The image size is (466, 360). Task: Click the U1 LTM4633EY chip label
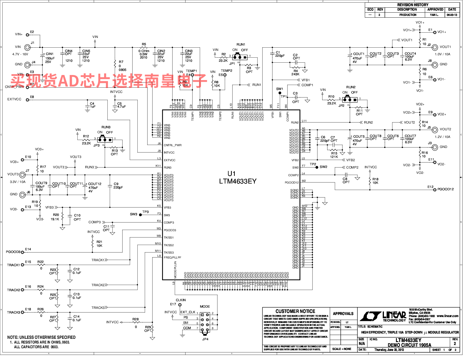coord(238,178)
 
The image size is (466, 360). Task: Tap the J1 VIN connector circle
coord(27,47)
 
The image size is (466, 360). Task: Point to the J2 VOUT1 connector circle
coord(435,47)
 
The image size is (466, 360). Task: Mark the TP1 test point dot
coord(280,93)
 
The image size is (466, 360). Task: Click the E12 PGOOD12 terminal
coord(435,190)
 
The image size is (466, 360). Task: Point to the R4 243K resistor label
coord(295,73)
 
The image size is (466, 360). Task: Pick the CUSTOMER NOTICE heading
coord(295,311)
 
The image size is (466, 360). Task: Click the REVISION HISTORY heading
coord(413,5)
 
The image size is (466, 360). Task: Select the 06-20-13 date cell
coord(452,15)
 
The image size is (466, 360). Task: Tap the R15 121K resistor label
coord(334,155)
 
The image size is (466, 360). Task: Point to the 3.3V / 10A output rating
coord(18,182)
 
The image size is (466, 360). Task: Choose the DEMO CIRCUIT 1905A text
coord(409,345)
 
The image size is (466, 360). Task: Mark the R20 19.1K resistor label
coord(55,217)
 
